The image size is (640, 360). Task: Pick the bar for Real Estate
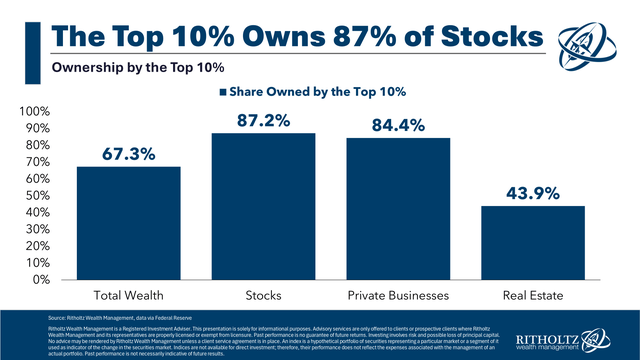pos(518,242)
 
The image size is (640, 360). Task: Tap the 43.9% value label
pos(518,192)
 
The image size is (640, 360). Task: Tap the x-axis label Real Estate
pos(518,296)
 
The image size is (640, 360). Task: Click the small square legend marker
pos(224,91)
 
